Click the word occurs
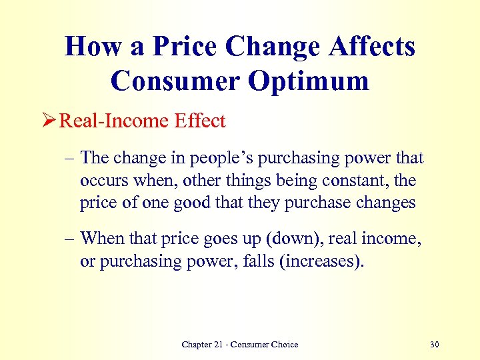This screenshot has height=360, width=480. point(101,181)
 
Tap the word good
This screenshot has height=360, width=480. point(181,203)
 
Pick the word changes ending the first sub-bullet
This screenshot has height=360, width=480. point(385,203)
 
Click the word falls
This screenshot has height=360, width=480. point(251,261)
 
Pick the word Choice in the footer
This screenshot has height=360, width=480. point(284,345)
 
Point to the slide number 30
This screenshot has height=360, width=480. point(435,345)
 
